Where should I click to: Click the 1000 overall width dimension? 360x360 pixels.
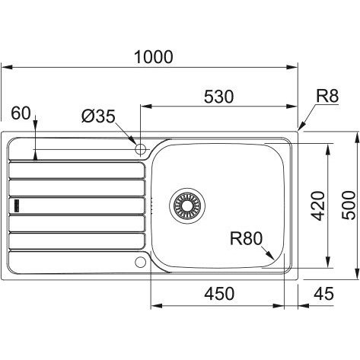click(154, 57)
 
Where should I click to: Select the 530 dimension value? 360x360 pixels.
click(218, 97)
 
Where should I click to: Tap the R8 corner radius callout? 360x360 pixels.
click(327, 96)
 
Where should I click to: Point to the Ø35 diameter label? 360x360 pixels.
click(98, 116)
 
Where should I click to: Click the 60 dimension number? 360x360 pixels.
click(21, 113)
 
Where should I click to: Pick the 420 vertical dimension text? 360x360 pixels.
click(318, 206)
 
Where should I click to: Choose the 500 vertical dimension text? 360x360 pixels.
click(349, 205)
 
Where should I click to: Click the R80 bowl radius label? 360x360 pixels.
click(246, 239)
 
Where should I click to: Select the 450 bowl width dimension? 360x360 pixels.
click(219, 294)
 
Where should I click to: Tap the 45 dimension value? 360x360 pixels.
click(323, 294)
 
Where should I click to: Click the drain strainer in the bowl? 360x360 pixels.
click(187, 206)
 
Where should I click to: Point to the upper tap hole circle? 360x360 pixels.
click(140, 149)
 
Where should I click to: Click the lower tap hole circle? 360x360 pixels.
click(140, 262)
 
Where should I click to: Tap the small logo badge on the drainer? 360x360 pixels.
click(17, 205)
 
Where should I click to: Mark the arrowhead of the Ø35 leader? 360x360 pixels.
click(132, 139)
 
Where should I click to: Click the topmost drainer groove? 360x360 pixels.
click(77, 170)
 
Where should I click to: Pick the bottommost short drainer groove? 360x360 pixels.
click(77, 241)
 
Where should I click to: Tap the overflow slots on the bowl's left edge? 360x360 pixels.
click(151, 205)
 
